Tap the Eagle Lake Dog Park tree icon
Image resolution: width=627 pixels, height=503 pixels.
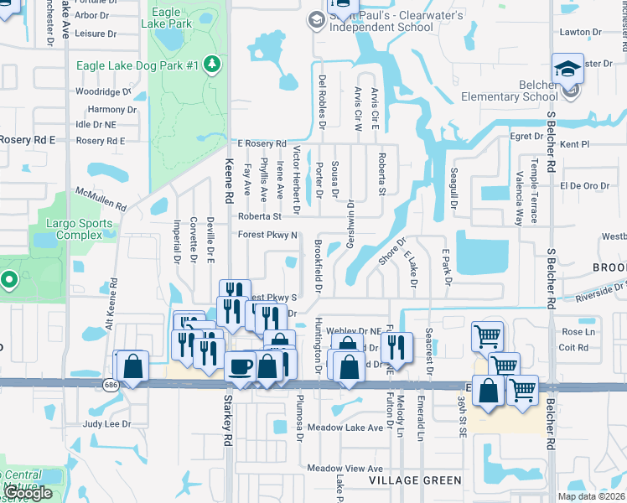(212, 65)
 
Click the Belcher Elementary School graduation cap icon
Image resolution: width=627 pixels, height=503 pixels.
(567, 70)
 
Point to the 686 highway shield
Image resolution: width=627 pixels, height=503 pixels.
(111, 385)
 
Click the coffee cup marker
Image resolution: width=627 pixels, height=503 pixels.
(241, 367)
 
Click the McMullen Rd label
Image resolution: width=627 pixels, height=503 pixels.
(101, 199)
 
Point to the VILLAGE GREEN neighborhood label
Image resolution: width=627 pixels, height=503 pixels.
(415, 480)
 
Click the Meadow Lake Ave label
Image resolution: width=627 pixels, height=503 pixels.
(345, 428)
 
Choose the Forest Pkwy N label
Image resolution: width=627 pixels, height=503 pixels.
(268, 235)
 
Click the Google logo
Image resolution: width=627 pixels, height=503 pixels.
(28, 493)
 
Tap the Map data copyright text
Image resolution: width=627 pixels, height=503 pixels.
(591, 496)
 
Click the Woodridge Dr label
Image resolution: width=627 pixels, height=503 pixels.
(104, 91)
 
